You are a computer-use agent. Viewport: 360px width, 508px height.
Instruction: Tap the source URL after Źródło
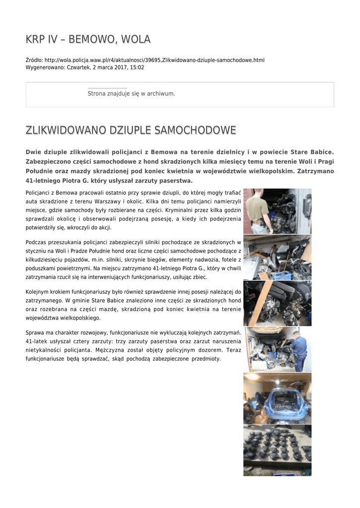click(154, 60)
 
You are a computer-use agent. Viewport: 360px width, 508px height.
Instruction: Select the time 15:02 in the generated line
click(138, 67)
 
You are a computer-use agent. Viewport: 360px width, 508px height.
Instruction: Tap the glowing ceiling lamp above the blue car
click(255, 377)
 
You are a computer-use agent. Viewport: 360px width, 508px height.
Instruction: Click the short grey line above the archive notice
click(107, 88)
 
